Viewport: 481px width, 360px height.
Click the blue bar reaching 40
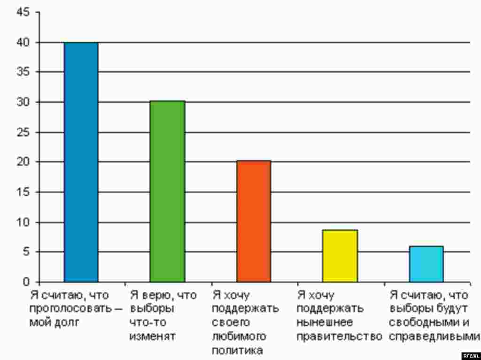pos(81,162)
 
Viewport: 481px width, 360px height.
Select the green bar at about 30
pos(167,191)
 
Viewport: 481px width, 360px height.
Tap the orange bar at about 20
pos(254,221)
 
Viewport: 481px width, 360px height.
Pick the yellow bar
pos(340,256)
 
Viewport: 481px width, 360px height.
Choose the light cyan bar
pos(426,264)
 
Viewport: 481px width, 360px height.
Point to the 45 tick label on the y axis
pos(23,13)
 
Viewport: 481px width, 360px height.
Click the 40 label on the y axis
pos(23,43)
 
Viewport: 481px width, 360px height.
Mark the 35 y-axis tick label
pos(23,72)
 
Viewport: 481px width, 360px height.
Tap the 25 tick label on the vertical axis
pos(23,132)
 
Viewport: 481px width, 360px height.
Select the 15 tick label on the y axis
pos(23,192)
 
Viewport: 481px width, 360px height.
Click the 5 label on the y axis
pos(26,252)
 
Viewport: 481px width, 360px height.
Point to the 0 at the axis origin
pos(26,282)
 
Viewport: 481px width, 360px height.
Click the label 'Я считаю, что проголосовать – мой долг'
pos(75,309)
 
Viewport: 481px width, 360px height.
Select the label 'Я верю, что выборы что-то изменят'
pos(162,316)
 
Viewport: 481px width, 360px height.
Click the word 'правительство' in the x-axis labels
pos(339,337)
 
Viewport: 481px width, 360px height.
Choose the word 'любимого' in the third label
pos(239,337)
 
